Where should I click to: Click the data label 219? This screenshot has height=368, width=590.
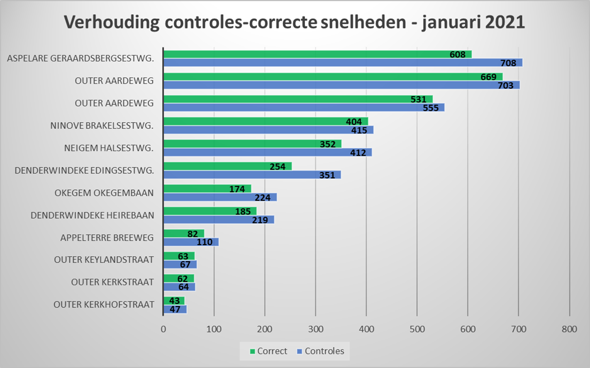click(260, 220)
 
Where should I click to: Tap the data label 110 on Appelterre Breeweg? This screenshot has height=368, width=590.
click(205, 242)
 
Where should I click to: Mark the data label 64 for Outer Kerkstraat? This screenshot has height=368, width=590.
click(184, 287)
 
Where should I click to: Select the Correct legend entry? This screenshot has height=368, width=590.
click(268, 351)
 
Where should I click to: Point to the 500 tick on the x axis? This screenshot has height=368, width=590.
click(417, 329)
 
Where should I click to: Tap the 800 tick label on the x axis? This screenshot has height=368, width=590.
click(569, 329)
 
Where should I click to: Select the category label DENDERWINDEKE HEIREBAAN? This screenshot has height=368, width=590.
click(92, 215)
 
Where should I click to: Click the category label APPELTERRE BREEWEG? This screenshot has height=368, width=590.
click(107, 238)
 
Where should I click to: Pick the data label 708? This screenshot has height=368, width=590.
click(508, 63)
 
